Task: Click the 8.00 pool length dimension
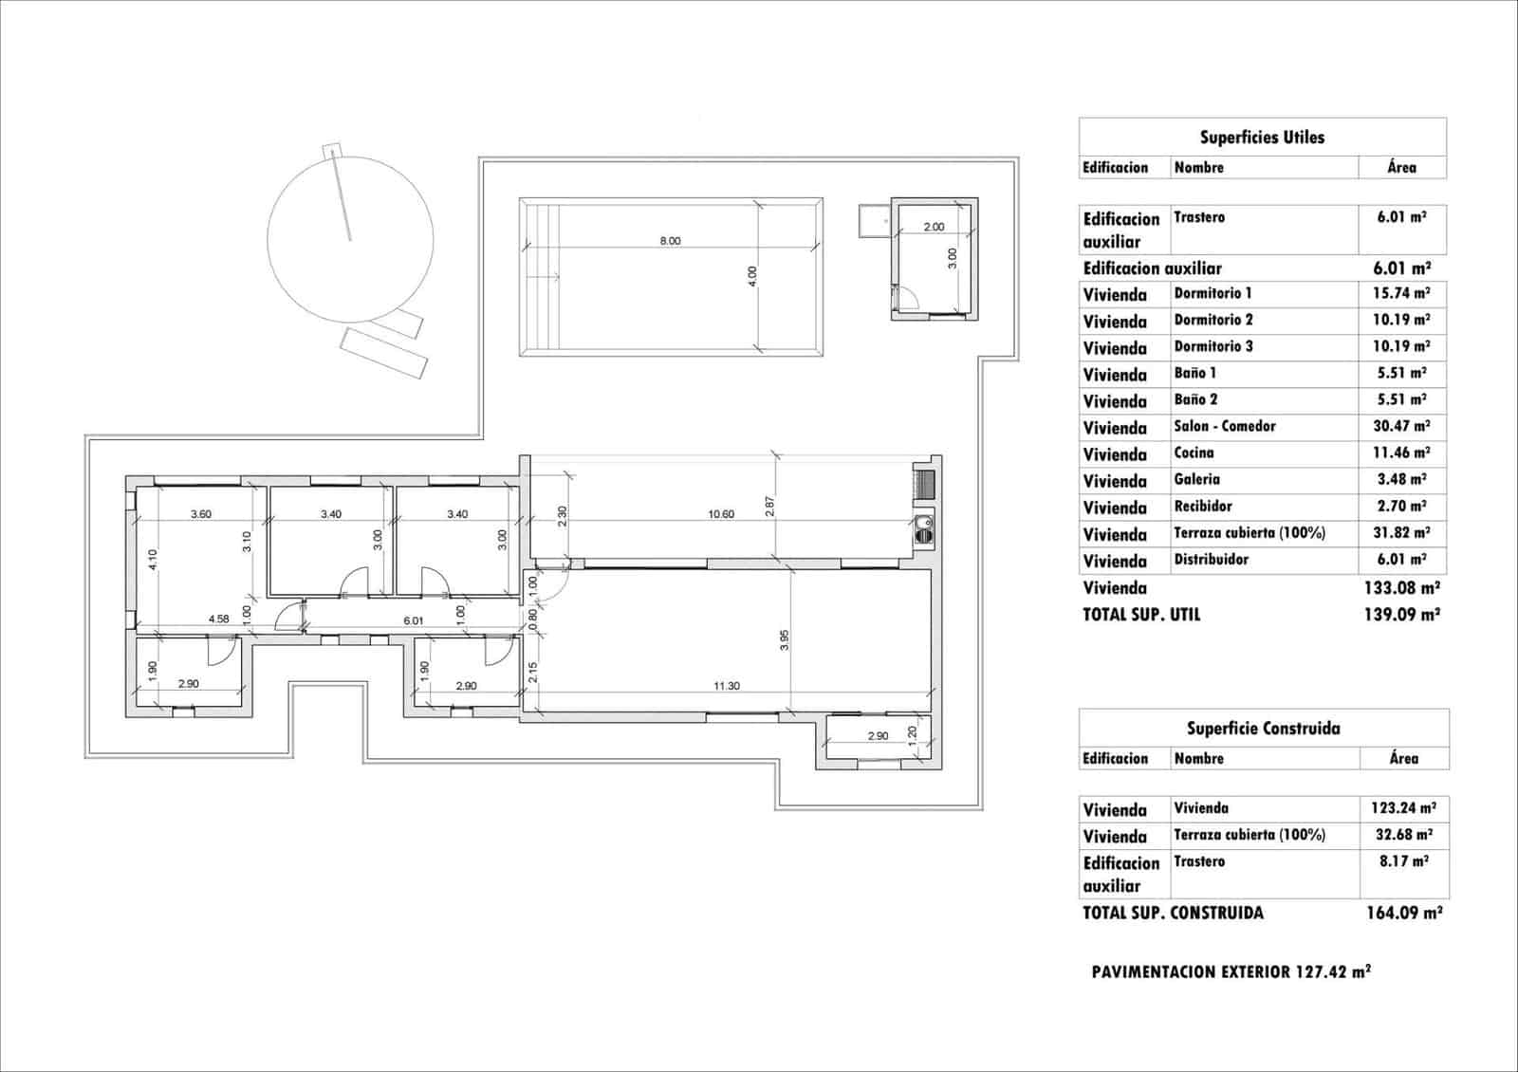point(670,241)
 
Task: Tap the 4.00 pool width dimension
point(752,276)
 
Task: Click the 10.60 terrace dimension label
point(721,514)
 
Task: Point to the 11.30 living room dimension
point(727,686)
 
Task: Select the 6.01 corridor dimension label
point(414,621)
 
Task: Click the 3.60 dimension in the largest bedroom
point(200,514)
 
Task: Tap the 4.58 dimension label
point(218,619)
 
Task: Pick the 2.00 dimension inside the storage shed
point(934,227)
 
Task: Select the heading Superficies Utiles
point(1262,137)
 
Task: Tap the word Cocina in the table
point(1194,453)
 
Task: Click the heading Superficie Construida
point(1263,728)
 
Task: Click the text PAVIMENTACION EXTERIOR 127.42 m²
point(1231,971)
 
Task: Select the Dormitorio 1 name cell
point(1213,293)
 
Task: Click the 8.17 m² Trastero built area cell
point(1403,861)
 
